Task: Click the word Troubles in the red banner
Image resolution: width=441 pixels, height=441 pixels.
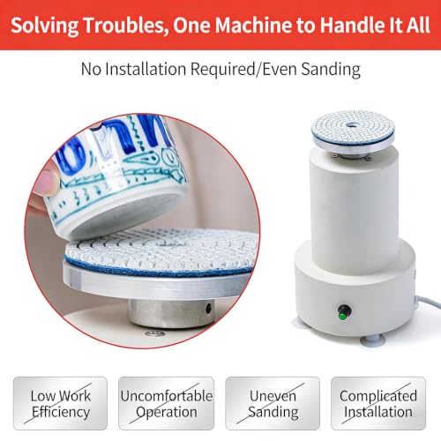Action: pos(123,25)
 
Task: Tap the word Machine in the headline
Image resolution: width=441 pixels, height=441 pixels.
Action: pos(253,25)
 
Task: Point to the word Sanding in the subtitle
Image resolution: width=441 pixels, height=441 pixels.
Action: pos(331,70)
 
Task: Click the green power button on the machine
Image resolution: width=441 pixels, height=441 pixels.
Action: pos(342,315)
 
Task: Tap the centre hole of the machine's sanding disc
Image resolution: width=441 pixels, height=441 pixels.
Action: pos(350,125)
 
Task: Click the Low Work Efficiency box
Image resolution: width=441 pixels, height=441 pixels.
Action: pos(60,403)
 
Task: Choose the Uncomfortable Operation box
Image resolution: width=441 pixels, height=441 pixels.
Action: pos(167,403)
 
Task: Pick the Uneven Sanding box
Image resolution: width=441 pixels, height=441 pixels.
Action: pos(273,403)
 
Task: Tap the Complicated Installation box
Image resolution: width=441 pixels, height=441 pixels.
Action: pos(378,403)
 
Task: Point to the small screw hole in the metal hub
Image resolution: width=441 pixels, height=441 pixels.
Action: pos(208,308)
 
